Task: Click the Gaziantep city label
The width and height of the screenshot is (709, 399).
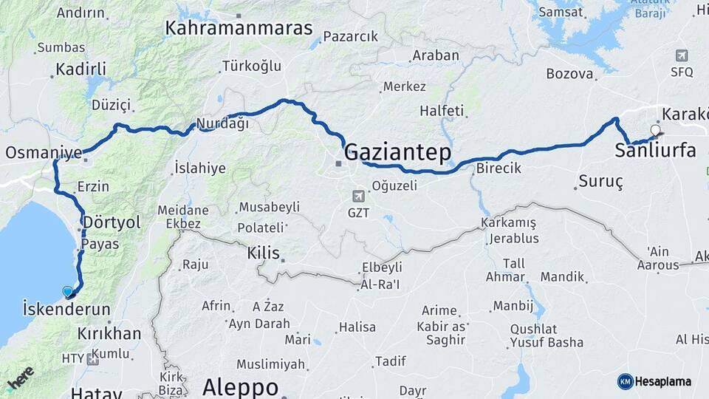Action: point(397,152)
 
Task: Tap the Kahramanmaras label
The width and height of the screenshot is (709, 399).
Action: point(239,28)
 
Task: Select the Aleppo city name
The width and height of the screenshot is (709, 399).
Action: point(240,386)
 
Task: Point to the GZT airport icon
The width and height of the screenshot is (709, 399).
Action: point(358,196)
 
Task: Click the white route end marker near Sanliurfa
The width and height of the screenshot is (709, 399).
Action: point(655,131)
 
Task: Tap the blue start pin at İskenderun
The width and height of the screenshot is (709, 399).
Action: point(68,292)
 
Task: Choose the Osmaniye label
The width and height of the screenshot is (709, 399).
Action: point(44,153)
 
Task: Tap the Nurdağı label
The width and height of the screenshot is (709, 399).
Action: point(222,124)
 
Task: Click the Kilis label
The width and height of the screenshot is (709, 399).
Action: point(263,253)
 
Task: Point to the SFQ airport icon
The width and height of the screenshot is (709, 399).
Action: point(682,55)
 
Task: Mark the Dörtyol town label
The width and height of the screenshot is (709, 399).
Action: point(112,222)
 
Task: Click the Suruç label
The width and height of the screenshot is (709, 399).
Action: point(601,181)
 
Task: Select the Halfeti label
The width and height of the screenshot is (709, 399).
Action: point(442,111)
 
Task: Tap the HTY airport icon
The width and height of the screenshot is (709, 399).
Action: point(92,359)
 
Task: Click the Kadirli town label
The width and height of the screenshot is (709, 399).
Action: point(81,69)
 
